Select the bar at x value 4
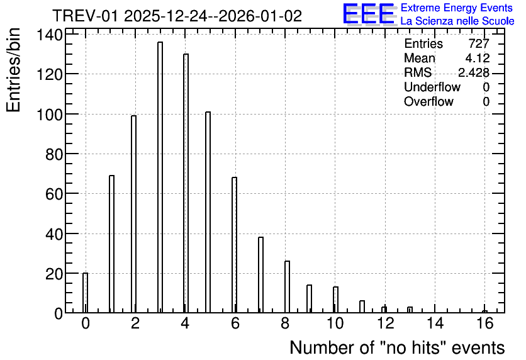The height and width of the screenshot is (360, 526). [186, 183]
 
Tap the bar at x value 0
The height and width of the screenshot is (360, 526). [85, 293]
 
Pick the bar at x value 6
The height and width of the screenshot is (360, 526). [234, 245]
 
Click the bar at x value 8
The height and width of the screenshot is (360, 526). [287, 287]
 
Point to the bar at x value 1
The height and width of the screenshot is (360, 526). [112, 244]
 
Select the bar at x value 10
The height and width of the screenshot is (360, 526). [335, 300]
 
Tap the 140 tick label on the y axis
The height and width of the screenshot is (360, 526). [49, 35]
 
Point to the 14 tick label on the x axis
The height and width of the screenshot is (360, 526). [435, 323]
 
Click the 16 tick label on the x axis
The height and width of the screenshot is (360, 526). [484, 323]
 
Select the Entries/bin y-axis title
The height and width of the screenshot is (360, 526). [13, 70]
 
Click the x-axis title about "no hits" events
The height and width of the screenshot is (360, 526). [397, 347]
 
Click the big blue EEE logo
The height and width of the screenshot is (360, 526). [369, 14]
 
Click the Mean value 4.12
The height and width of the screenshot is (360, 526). [478, 58]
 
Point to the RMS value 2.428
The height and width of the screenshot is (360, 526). [474, 72]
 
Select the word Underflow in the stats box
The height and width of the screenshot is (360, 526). [432, 87]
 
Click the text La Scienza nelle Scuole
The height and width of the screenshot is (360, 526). [457, 21]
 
